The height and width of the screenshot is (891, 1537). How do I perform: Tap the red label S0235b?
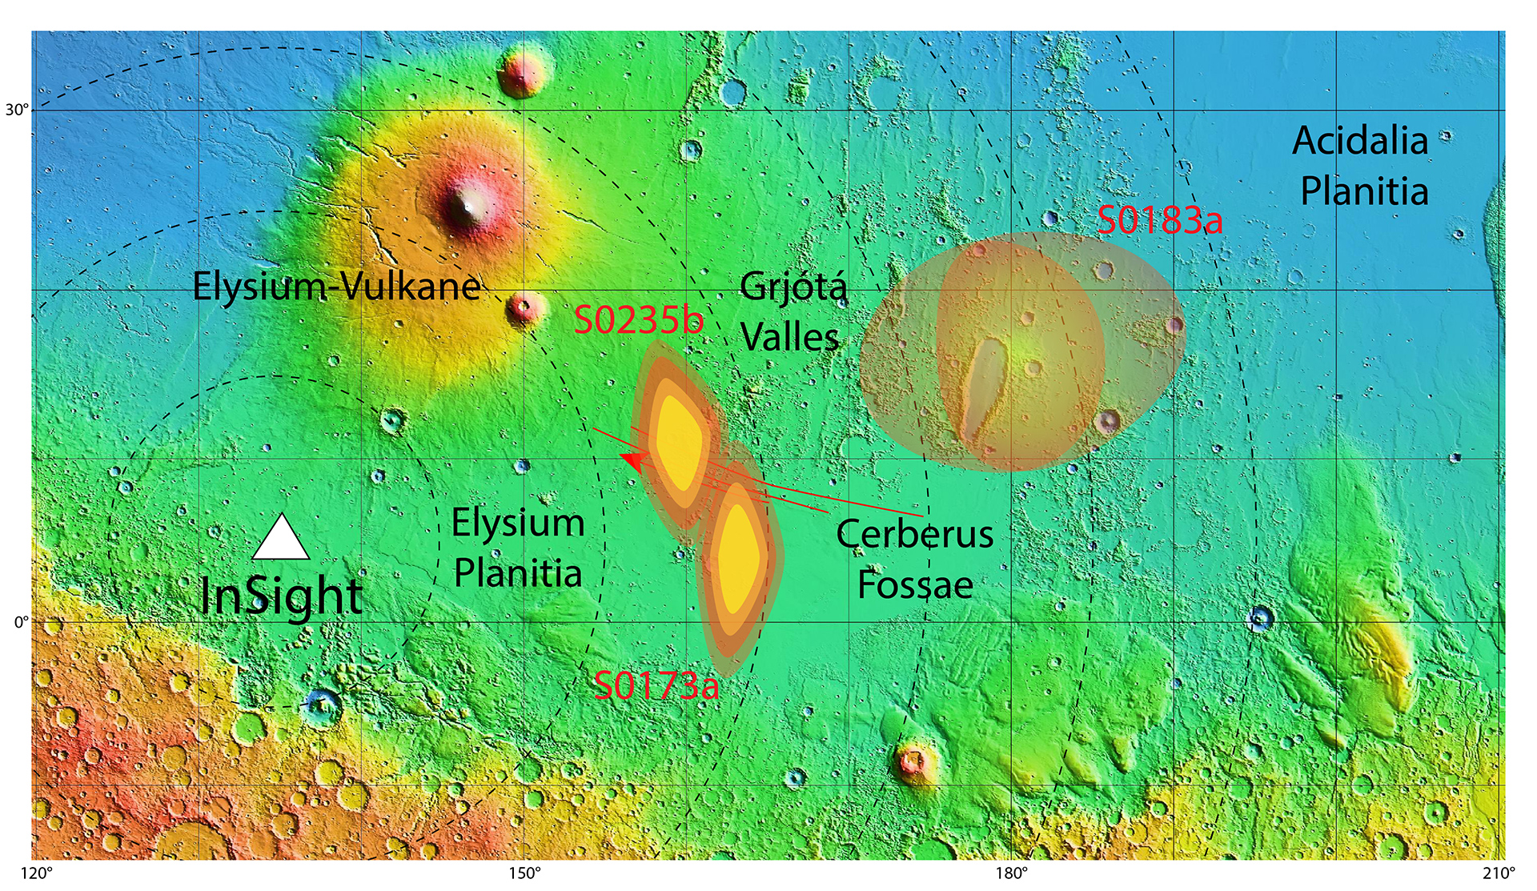click(639, 321)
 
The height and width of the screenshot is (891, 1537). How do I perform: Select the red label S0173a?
click(656, 686)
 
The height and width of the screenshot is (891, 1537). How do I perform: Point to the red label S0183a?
click(1160, 220)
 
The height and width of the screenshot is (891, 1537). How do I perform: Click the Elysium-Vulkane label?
click(337, 286)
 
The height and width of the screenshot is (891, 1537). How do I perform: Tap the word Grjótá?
click(793, 287)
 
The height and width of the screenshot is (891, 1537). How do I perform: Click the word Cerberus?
click(914, 534)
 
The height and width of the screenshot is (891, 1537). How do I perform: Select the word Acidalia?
click(1360, 142)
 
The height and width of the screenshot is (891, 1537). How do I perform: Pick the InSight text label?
click(281, 597)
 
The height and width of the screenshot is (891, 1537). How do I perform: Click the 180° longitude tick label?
click(1012, 873)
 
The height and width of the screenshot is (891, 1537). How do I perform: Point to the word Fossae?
click(915, 585)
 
